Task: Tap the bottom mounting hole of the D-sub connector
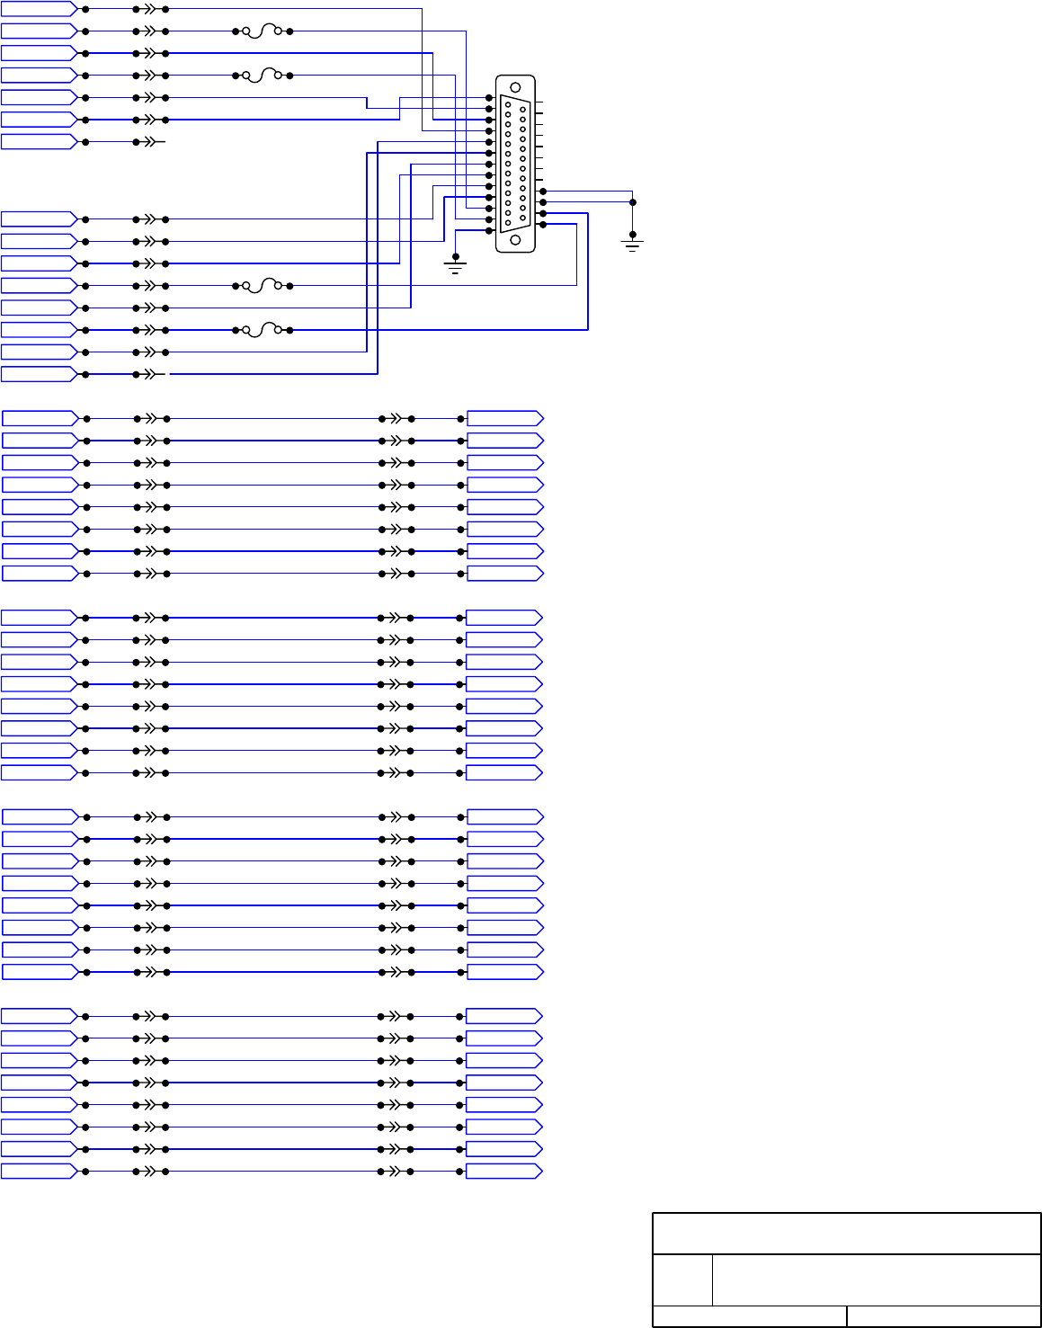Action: coord(515,240)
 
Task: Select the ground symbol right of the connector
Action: coord(633,244)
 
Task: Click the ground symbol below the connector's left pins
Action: coord(456,266)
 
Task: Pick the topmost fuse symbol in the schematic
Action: coord(262,31)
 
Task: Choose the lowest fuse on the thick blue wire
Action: coord(262,330)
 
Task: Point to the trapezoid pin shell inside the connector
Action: coord(515,163)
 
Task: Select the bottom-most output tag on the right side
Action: coord(503,1171)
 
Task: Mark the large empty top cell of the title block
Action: coord(846,1234)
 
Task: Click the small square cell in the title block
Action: coord(682,1279)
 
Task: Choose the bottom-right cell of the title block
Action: coord(943,1316)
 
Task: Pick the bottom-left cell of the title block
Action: coord(749,1316)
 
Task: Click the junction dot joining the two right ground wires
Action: coord(633,202)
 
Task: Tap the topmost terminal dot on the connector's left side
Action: coord(489,98)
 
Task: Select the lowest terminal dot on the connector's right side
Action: coord(542,225)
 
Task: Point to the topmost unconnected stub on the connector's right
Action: coord(539,103)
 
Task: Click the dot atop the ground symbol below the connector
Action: coord(456,255)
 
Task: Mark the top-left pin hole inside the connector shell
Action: coord(508,105)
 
